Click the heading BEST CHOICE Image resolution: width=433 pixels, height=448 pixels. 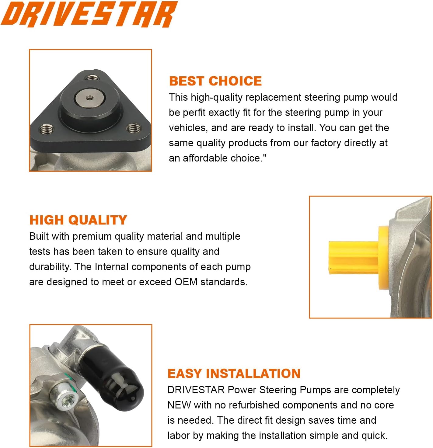click(x=215, y=81)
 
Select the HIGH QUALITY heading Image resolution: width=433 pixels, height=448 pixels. click(x=78, y=220)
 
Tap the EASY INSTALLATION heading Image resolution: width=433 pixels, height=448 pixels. click(x=234, y=373)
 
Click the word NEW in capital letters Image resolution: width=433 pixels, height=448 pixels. click(x=179, y=405)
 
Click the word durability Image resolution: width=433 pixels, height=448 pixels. click(x=50, y=267)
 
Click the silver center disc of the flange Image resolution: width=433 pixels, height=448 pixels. click(x=89, y=98)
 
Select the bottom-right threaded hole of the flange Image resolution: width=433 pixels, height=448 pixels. click(x=134, y=128)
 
